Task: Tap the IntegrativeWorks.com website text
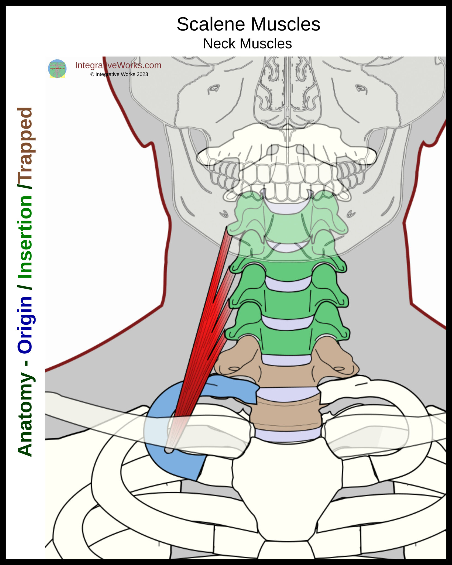118,65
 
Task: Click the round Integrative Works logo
57,68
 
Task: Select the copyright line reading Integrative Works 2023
119,74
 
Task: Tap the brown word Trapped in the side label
25,143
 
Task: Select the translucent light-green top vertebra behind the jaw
287,226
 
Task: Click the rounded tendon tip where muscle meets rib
169,450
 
